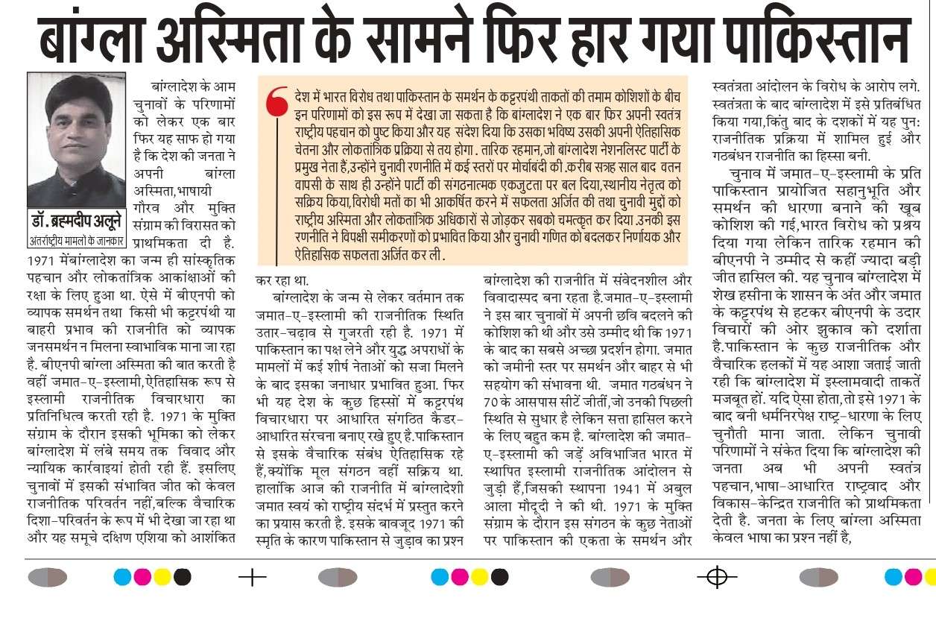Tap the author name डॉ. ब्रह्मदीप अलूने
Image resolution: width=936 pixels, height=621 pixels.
[78, 221]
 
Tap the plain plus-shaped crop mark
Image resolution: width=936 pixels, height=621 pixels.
[253, 577]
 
